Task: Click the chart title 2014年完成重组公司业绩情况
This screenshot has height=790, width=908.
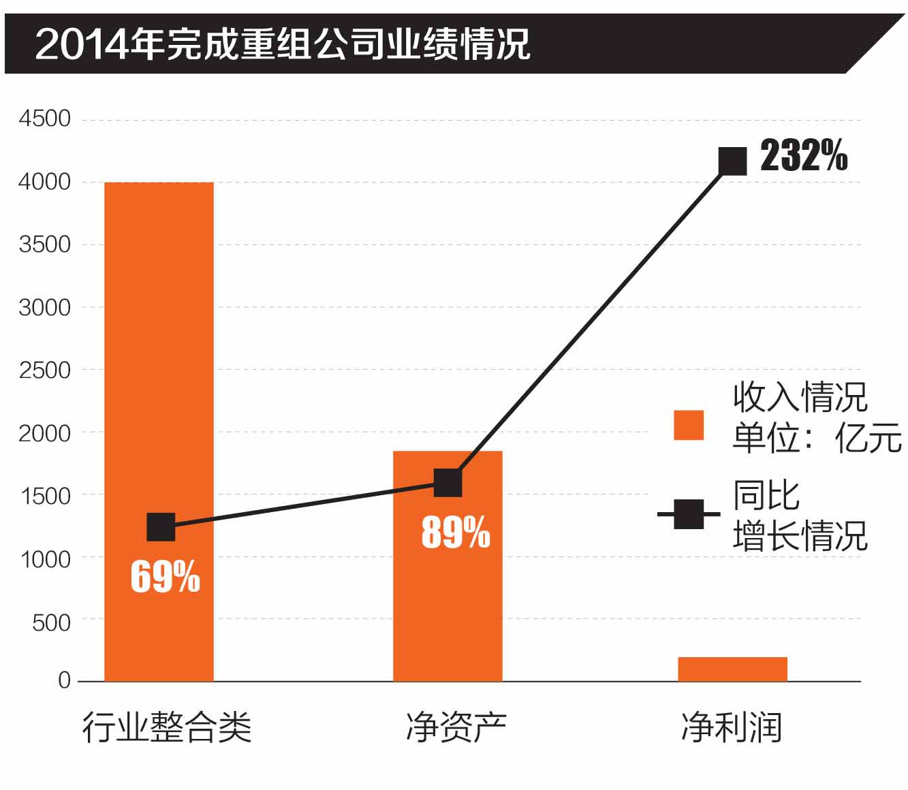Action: (x=282, y=45)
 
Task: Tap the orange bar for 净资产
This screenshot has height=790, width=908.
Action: (x=448, y=599)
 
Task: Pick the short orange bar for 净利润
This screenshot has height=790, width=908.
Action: (x=732, y=669)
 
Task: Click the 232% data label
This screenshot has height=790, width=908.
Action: (x=804, y=156)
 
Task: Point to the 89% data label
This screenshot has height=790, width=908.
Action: (x=456, y=532)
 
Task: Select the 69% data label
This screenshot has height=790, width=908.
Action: (x=166, y=577)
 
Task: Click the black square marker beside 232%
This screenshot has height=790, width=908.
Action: (x=733, y=161)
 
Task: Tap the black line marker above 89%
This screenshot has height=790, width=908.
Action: (x=448, y=483)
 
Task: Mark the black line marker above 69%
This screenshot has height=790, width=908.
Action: (x=161, y=527)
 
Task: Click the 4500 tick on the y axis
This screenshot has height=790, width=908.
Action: (x=45, y=119)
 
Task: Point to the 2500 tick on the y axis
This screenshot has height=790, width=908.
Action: (x=45, y=370)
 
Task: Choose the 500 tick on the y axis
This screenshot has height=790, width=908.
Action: (x=52, y=622)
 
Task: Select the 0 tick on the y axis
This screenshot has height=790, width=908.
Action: (x=64, y=680)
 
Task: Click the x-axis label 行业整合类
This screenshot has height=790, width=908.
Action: (x=167, y=727)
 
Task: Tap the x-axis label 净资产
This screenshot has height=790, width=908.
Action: (x=456, y=727)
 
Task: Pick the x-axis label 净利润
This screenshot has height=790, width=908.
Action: (x=732, y=727)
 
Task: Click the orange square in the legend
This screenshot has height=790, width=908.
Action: (x=689, y=425)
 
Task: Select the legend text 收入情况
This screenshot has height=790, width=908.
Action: (x=800, y=397)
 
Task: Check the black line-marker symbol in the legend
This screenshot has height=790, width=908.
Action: (x=689, y=514)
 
